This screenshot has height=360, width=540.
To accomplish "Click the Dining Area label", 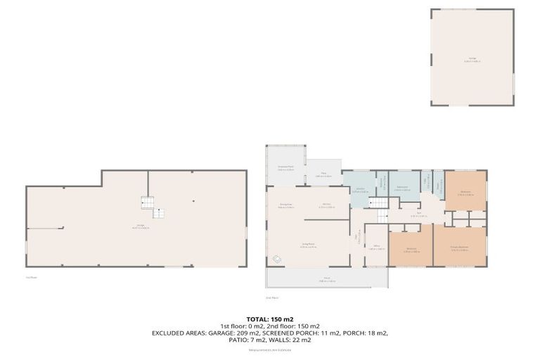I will click(285, 206).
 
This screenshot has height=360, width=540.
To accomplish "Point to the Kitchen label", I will click(327, 207).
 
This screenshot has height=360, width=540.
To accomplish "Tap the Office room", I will click(376, 246).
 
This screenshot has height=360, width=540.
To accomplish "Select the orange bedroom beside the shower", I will click(465, 191).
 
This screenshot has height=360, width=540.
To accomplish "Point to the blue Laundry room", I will click(359, 190).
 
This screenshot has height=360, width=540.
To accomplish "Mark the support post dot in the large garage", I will click(194, 201).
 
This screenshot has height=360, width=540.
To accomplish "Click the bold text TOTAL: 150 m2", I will click(269, 319).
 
